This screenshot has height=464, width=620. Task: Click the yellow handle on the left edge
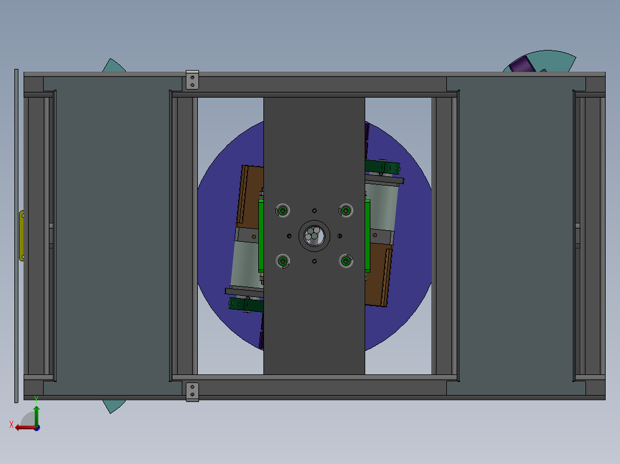pyautogui.click(x=22, y=235)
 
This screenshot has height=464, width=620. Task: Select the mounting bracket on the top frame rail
pyautogui.click(x=192, y=80)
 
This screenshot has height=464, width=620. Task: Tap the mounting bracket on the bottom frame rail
pyautogui.click(x=192, y=392)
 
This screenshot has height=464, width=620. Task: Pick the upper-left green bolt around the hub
pyautogui.click(x=282, y=210)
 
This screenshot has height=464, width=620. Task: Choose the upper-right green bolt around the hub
pyautogui.click(x=346, y=210)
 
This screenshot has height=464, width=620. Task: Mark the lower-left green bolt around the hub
pyautogui.click(x=282, y=261)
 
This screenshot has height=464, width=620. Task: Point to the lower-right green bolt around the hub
pyautogui.click(x=346, y=261)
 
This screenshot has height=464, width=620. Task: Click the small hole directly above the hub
pyautogui.click(x=314, y=210)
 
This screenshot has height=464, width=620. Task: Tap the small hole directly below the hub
pyautogui.click(x=314, y=261)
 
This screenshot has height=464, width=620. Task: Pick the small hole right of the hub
pyautogui.click(x=340, y=235)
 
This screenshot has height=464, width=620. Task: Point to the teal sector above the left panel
pyautogui.click(x=113, y=67)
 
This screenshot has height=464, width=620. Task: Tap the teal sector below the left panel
pyautogui.click(x=114, y=405)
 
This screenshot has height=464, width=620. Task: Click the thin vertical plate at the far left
pyautogui.click(x=16, y=235)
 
